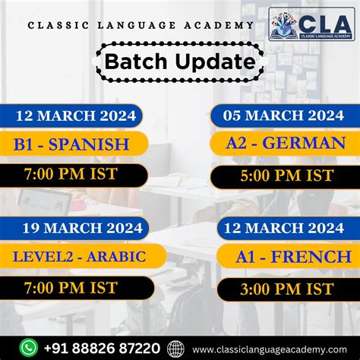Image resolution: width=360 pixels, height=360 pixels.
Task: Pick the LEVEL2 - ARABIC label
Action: coord(79,256)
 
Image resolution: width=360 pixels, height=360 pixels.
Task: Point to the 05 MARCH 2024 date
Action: coord(283,115)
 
